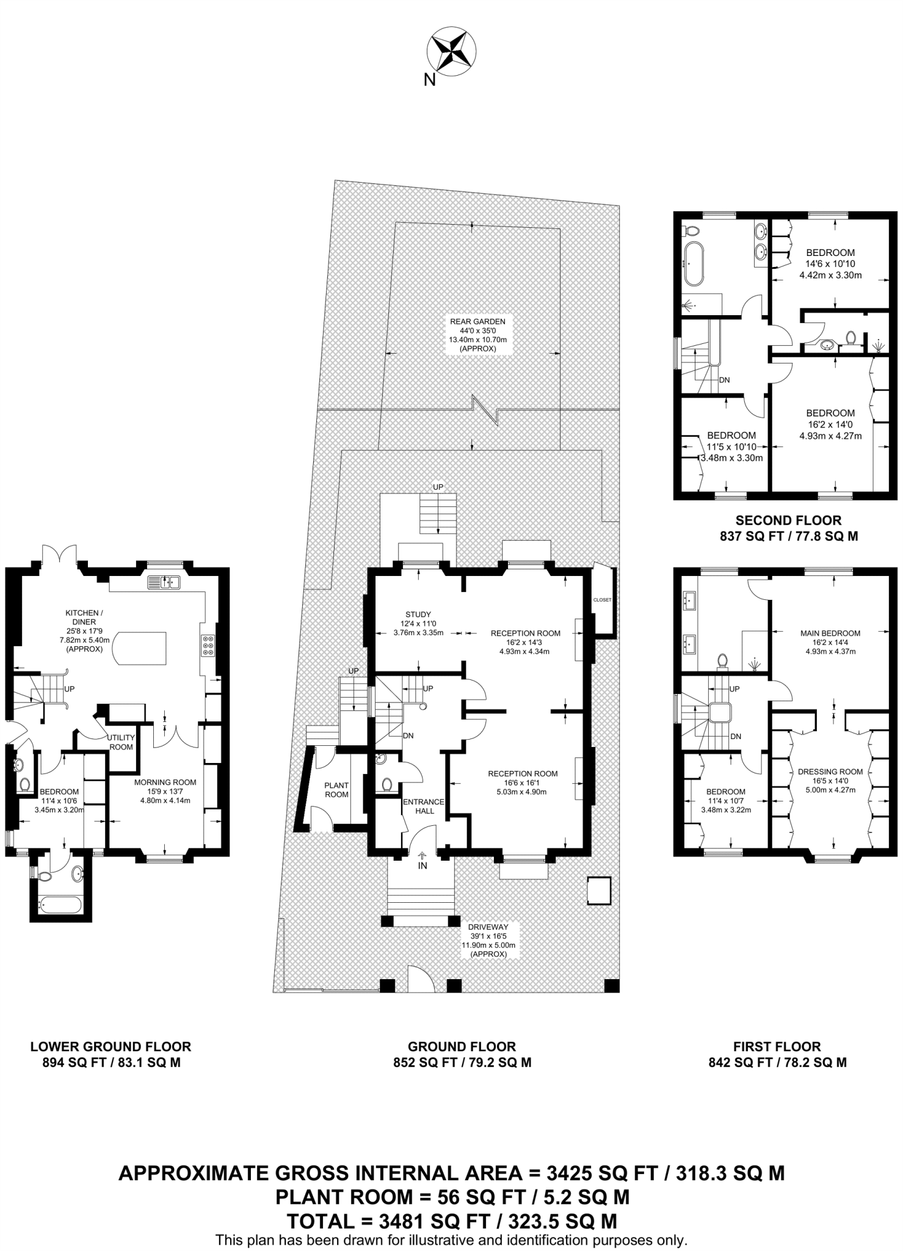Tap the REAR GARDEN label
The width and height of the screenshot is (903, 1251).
pyautogui.click(x=477, y=321)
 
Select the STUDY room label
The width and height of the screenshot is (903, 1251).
pyautogui.click(x=418, y=615)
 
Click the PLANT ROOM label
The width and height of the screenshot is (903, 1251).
pyautogui.click(x=336, y=790)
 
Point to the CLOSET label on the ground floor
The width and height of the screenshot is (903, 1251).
pyautogui.click(x=602, y=600)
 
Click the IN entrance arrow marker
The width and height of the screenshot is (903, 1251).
pyautogui.click(x=422, y=862)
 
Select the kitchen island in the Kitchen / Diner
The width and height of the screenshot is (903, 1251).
pyautogui.click(x=140, y=648)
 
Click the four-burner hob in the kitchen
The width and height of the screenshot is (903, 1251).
pyautogui.click(x=208, y=646)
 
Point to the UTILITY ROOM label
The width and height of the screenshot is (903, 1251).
pyautogui.click(x=121, y=742)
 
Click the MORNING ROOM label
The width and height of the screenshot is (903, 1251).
pyautogui.click(x=165, y=782)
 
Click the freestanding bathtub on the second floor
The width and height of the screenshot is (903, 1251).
pyautogui.click(x=694, y=264)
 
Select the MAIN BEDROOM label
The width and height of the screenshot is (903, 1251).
pyautogui.click(x=830, y=633)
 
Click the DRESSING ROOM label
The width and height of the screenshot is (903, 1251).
pyautogui.click(x=830, y=771)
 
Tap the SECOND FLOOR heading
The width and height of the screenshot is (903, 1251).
pyautogui.click(x=788, y=520)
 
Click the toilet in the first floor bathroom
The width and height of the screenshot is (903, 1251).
pyautogui.click(x=723, y=662)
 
